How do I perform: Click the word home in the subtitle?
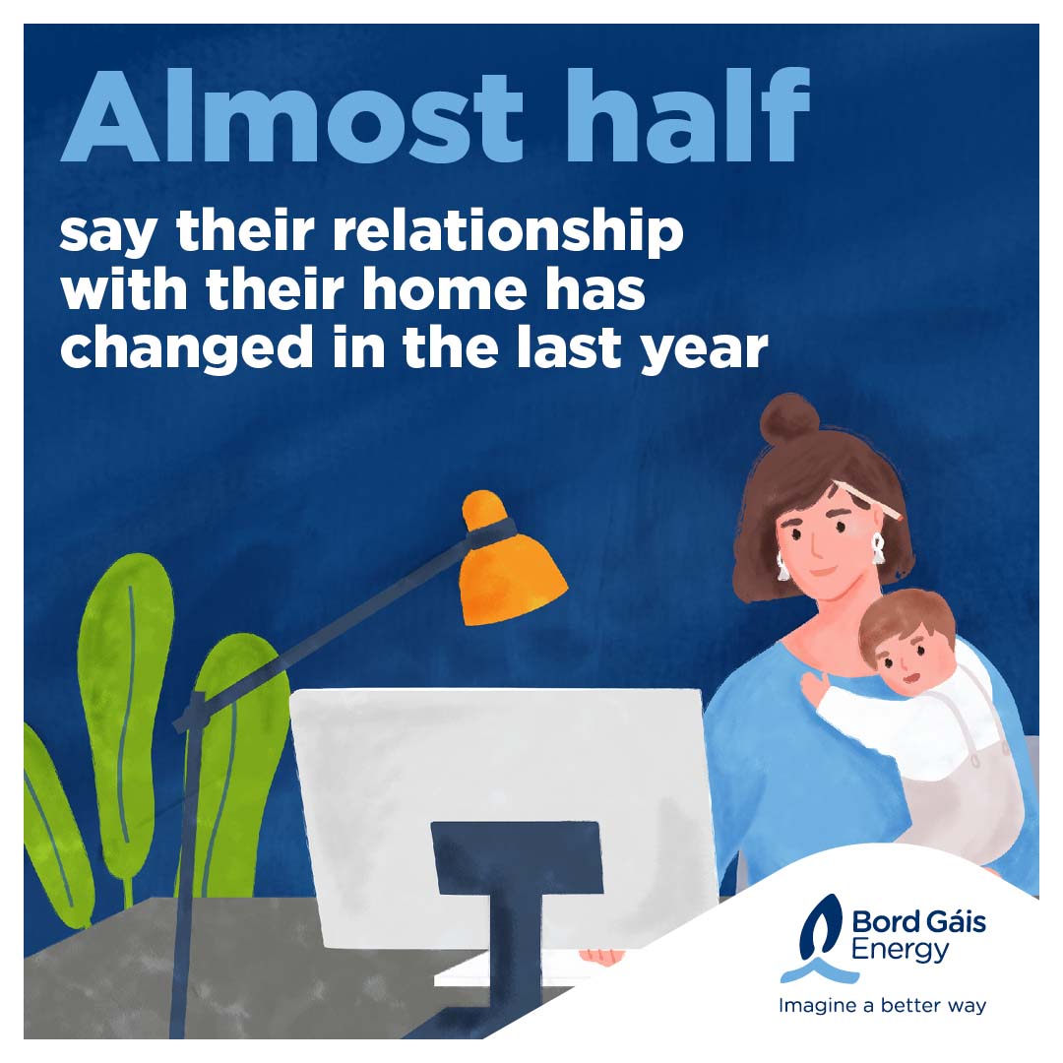pyautogui.click(x=445, y=289)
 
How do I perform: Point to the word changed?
pyautogui.click(x=187, y=348)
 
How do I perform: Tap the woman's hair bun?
pyautogui.click(x=789, y=419)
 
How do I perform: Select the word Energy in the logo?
pyautogui.click(x=900, y=951)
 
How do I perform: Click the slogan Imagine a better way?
pyautogui.click(x=882, y=1005)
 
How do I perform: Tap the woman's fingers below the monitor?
pyautogui.click(x=602, y=957)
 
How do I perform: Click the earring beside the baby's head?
pyautogui.click(x=878, y=548)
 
